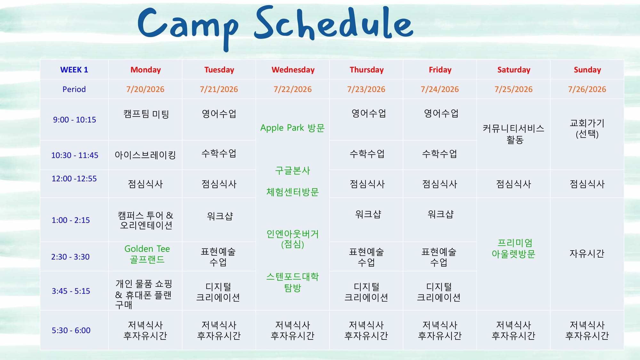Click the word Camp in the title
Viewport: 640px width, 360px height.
click(x=188, y=27)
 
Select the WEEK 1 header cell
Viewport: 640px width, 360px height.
click(x=74, y=70)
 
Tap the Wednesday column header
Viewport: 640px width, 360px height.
click(x=293, y=70)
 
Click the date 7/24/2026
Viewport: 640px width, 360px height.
click(x=440, y=89)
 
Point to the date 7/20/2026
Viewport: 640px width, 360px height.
click(x=145, y=89)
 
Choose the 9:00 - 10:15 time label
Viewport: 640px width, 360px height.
click(x=74, y=120)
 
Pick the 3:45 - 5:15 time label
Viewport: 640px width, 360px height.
click(x=71, y=291)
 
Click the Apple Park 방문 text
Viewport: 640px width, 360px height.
click(x=292, y=128)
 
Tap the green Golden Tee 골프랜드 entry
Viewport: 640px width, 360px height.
click(x=147, y=254)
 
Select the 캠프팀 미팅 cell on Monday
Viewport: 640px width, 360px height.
click(x=146, y=114)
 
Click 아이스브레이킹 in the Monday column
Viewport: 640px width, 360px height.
click(x=145, y=155)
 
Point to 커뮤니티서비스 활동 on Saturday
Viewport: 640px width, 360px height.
click(x=514, y=134)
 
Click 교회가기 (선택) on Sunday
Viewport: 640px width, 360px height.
click(x=587, y=128)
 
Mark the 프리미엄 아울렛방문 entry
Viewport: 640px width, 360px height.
click(x=514, y=248)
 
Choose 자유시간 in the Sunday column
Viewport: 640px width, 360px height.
click(x=587, y=253)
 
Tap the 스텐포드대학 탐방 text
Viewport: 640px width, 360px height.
click(x=292, y=282)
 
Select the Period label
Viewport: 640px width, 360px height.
click(x=74, y=89)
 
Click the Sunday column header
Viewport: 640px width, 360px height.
click(x=587, y=70)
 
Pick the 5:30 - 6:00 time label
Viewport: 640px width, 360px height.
click(x=71, y=330)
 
